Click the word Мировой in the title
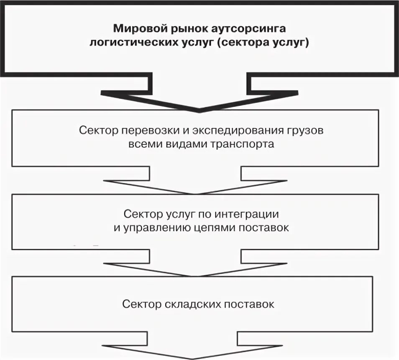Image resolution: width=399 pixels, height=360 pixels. tap(134, 30)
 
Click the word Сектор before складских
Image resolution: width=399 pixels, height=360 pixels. tap(141, 304)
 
